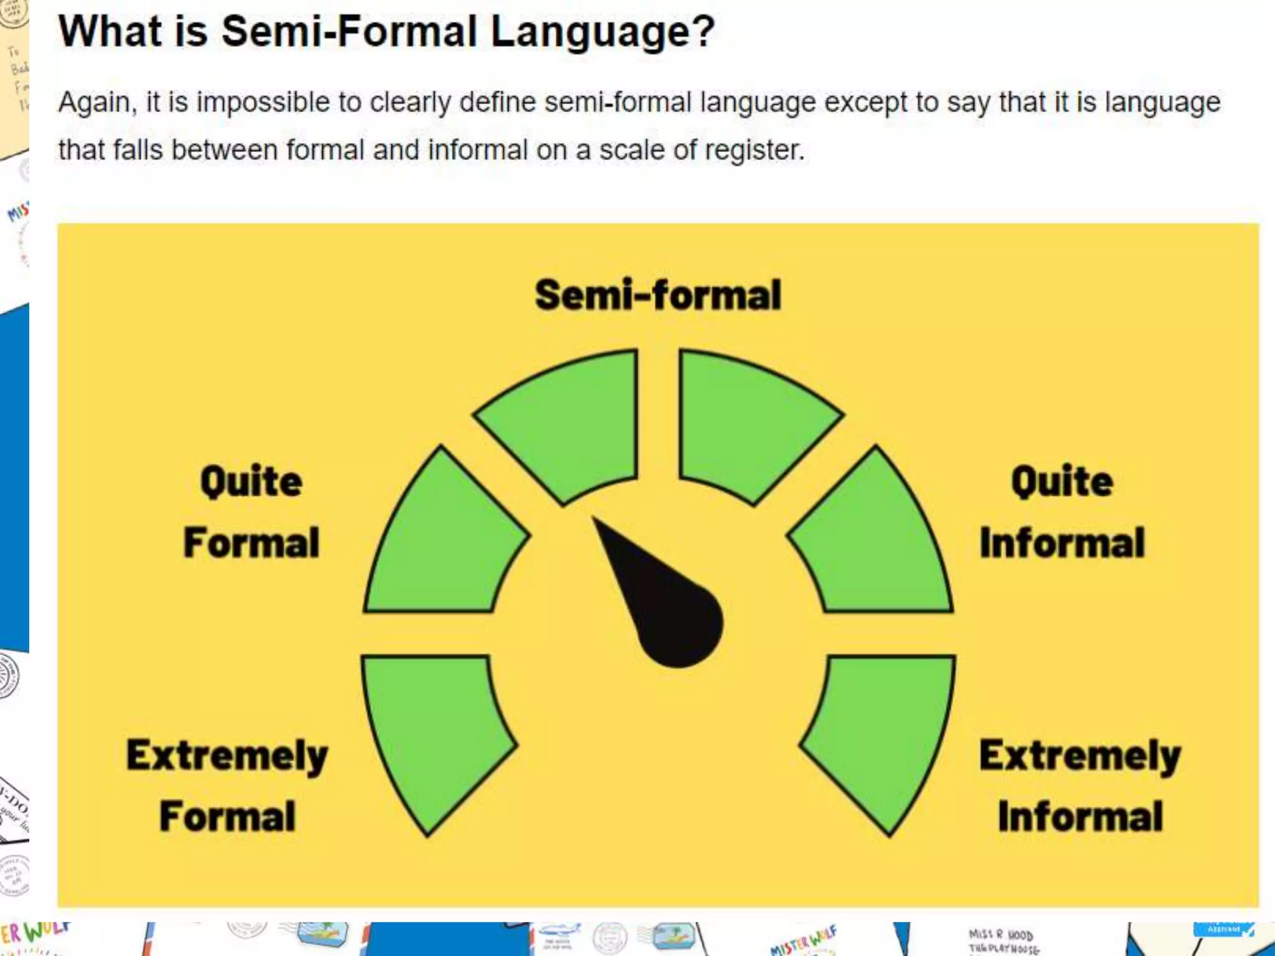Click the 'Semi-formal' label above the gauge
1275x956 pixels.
coord(657,295)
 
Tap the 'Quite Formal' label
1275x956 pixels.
coord(252,512)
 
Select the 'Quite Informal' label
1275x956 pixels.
coord(1062,512)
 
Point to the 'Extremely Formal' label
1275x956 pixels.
coord(227,785)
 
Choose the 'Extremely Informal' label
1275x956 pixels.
coord(1080,785)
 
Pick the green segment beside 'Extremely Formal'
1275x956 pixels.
coord(436,734)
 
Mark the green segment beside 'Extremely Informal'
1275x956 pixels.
coord(884,734)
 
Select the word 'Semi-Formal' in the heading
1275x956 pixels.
coord(349,31)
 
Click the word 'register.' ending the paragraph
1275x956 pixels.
coord(754,150)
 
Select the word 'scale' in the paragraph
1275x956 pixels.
coord(632,150)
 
